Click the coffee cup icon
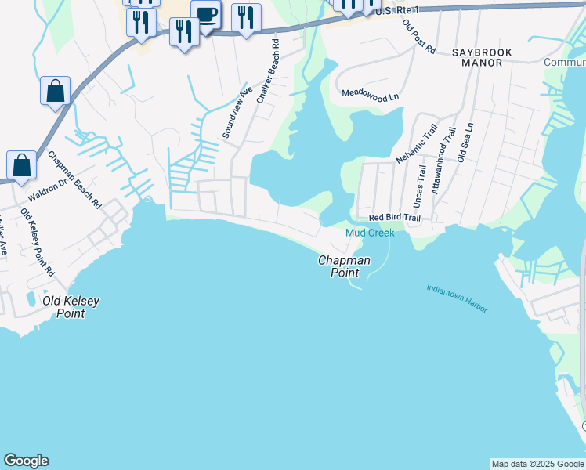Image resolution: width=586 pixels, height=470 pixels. pyautogui.click(x=206, y=14)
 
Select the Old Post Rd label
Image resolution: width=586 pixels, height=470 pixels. pyautogui.click(x=418, y=36)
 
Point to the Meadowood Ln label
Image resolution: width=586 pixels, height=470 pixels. pyautogui.click(x=371, y=92)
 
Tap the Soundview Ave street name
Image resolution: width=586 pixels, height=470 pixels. pyautogui.click(x=237, y=113)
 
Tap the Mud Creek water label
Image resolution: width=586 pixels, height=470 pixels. pyautogui.click(x=369, y=233)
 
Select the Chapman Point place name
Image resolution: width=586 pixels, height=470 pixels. pyautogui.click(x=344, y=266)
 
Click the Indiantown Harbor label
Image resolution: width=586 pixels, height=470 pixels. pyautogui.click(x=458, y=298)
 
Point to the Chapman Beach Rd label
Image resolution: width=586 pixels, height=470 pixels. pyautogui.click(x=74, y=179)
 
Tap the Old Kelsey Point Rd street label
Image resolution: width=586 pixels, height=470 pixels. pyautogui.click(x=38, y=244)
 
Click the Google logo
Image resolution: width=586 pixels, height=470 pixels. pyautogui.click(x=26, y=461)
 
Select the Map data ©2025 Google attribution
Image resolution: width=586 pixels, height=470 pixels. pyautogui.click(x=538, y=464)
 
